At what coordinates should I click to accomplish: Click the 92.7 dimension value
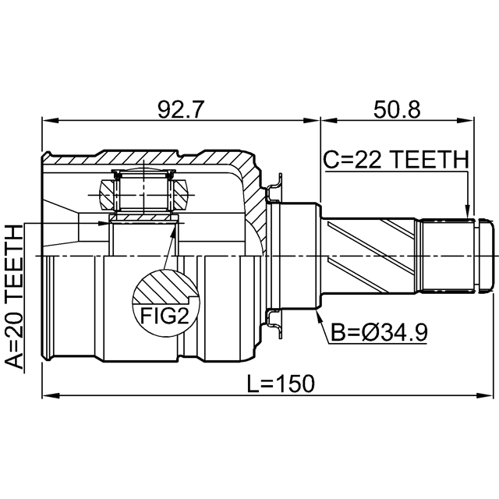click(x=180, y=110)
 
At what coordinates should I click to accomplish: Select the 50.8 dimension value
click(x=397, y=110)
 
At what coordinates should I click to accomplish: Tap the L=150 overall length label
click(x=281, y=383)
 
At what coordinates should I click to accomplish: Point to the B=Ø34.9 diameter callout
click(x=379, y=333)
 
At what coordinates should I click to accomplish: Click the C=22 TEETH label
click(x=396, y=159)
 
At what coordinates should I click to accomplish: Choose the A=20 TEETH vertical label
click(x=15, y=296)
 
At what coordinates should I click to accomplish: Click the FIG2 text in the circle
click(x=165, y=316)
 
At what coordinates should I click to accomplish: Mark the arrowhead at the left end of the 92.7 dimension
click(x=51, y=121)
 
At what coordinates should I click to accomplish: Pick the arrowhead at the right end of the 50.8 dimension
click(x=465, y=121)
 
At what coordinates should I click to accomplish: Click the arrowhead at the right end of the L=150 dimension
click(x=485, y=396)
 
